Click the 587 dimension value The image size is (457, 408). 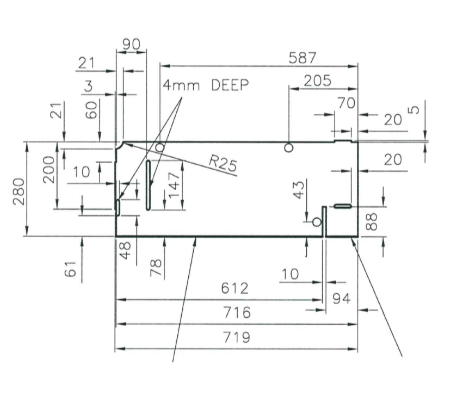click(x=303, y=57)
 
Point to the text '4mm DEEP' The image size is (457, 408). click(x=206, y=85)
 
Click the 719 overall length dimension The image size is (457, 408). click(x=237, y=337)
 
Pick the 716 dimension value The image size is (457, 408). click(x=237, y=313)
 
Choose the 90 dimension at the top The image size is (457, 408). click(x=131, y=45)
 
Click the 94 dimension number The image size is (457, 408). click(x=341, y=299)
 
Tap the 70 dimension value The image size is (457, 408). click(x=345, y=103)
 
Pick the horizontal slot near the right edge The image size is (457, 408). click(x=343, y=206)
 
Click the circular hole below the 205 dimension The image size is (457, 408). click(x=289, y=147)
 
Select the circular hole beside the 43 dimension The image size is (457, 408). click(x=316, y=221)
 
